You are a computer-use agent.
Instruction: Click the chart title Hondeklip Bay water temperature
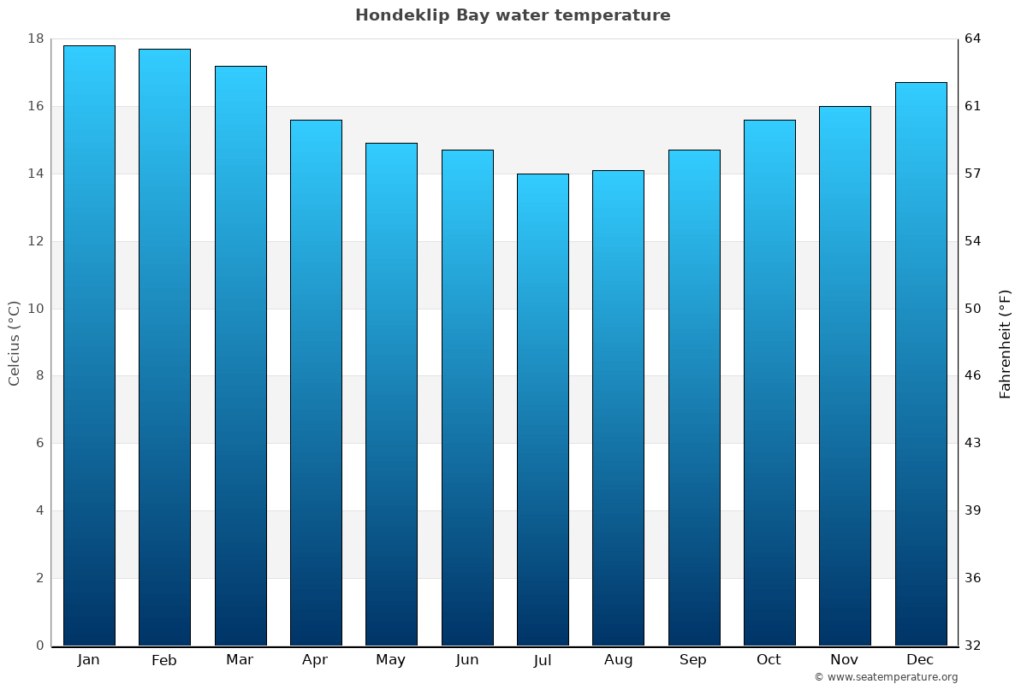point(513,15)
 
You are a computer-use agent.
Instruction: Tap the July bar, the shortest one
point(543,410)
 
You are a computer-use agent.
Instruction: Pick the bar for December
point(920,363)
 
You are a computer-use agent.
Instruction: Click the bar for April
point(316,382)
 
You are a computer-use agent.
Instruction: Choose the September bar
point(694,398)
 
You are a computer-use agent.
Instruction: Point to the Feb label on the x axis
point(164,660)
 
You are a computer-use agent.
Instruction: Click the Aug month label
point(618,660)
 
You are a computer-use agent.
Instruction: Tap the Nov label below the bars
point(845,660)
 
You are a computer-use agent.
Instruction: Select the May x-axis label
point(391,660)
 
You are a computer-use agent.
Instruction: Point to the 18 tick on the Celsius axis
point(36,38)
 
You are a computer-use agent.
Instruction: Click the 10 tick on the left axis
point(36,309)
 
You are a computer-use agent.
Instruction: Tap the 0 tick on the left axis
point(39,646)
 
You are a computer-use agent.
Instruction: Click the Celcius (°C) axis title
point(14,343)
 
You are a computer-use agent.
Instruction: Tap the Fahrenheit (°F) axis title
point(1005,343)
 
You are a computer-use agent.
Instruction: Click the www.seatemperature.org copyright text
point(886,677)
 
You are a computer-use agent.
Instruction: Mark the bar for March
point(240,356)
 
